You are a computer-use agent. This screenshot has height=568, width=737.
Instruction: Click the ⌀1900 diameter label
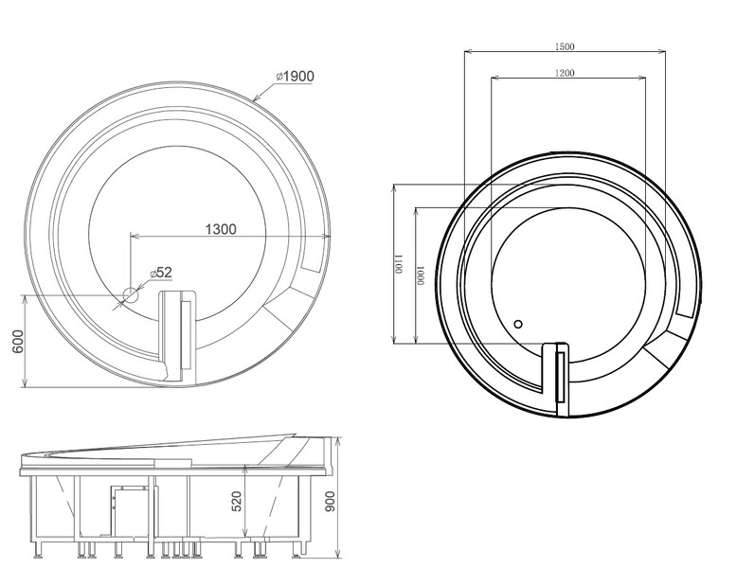(x=296, y=76)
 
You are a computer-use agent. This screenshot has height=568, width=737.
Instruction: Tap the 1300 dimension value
(x=221, y=229)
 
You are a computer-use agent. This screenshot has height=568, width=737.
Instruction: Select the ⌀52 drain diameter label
(x=161, y=273)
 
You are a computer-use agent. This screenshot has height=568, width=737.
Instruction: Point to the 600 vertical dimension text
(x=17, y=342)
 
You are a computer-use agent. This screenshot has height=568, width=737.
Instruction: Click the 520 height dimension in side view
(x=237, y=501)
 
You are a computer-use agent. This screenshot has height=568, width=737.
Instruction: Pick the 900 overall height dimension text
(x=331, y=501)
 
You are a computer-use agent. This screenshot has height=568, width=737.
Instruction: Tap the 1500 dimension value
(x=565, y=46)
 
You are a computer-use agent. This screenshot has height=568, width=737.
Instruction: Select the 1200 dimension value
(x=565, y=72)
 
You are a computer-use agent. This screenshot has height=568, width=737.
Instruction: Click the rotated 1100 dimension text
(x=399, y=264)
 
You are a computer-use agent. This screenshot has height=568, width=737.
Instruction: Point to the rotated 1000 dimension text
(x=421, y=275)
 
